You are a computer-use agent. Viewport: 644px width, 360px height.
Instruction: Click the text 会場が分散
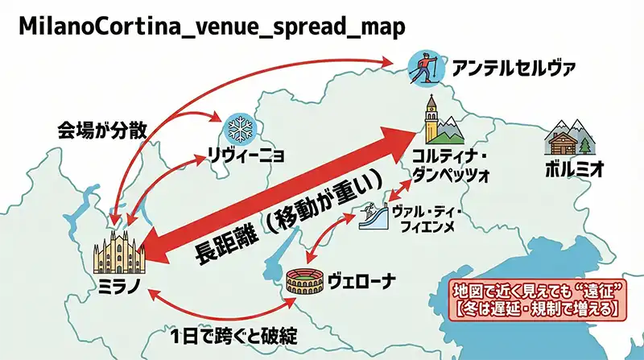coord(101,130)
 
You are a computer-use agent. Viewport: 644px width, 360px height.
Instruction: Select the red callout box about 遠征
coord(535,299)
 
